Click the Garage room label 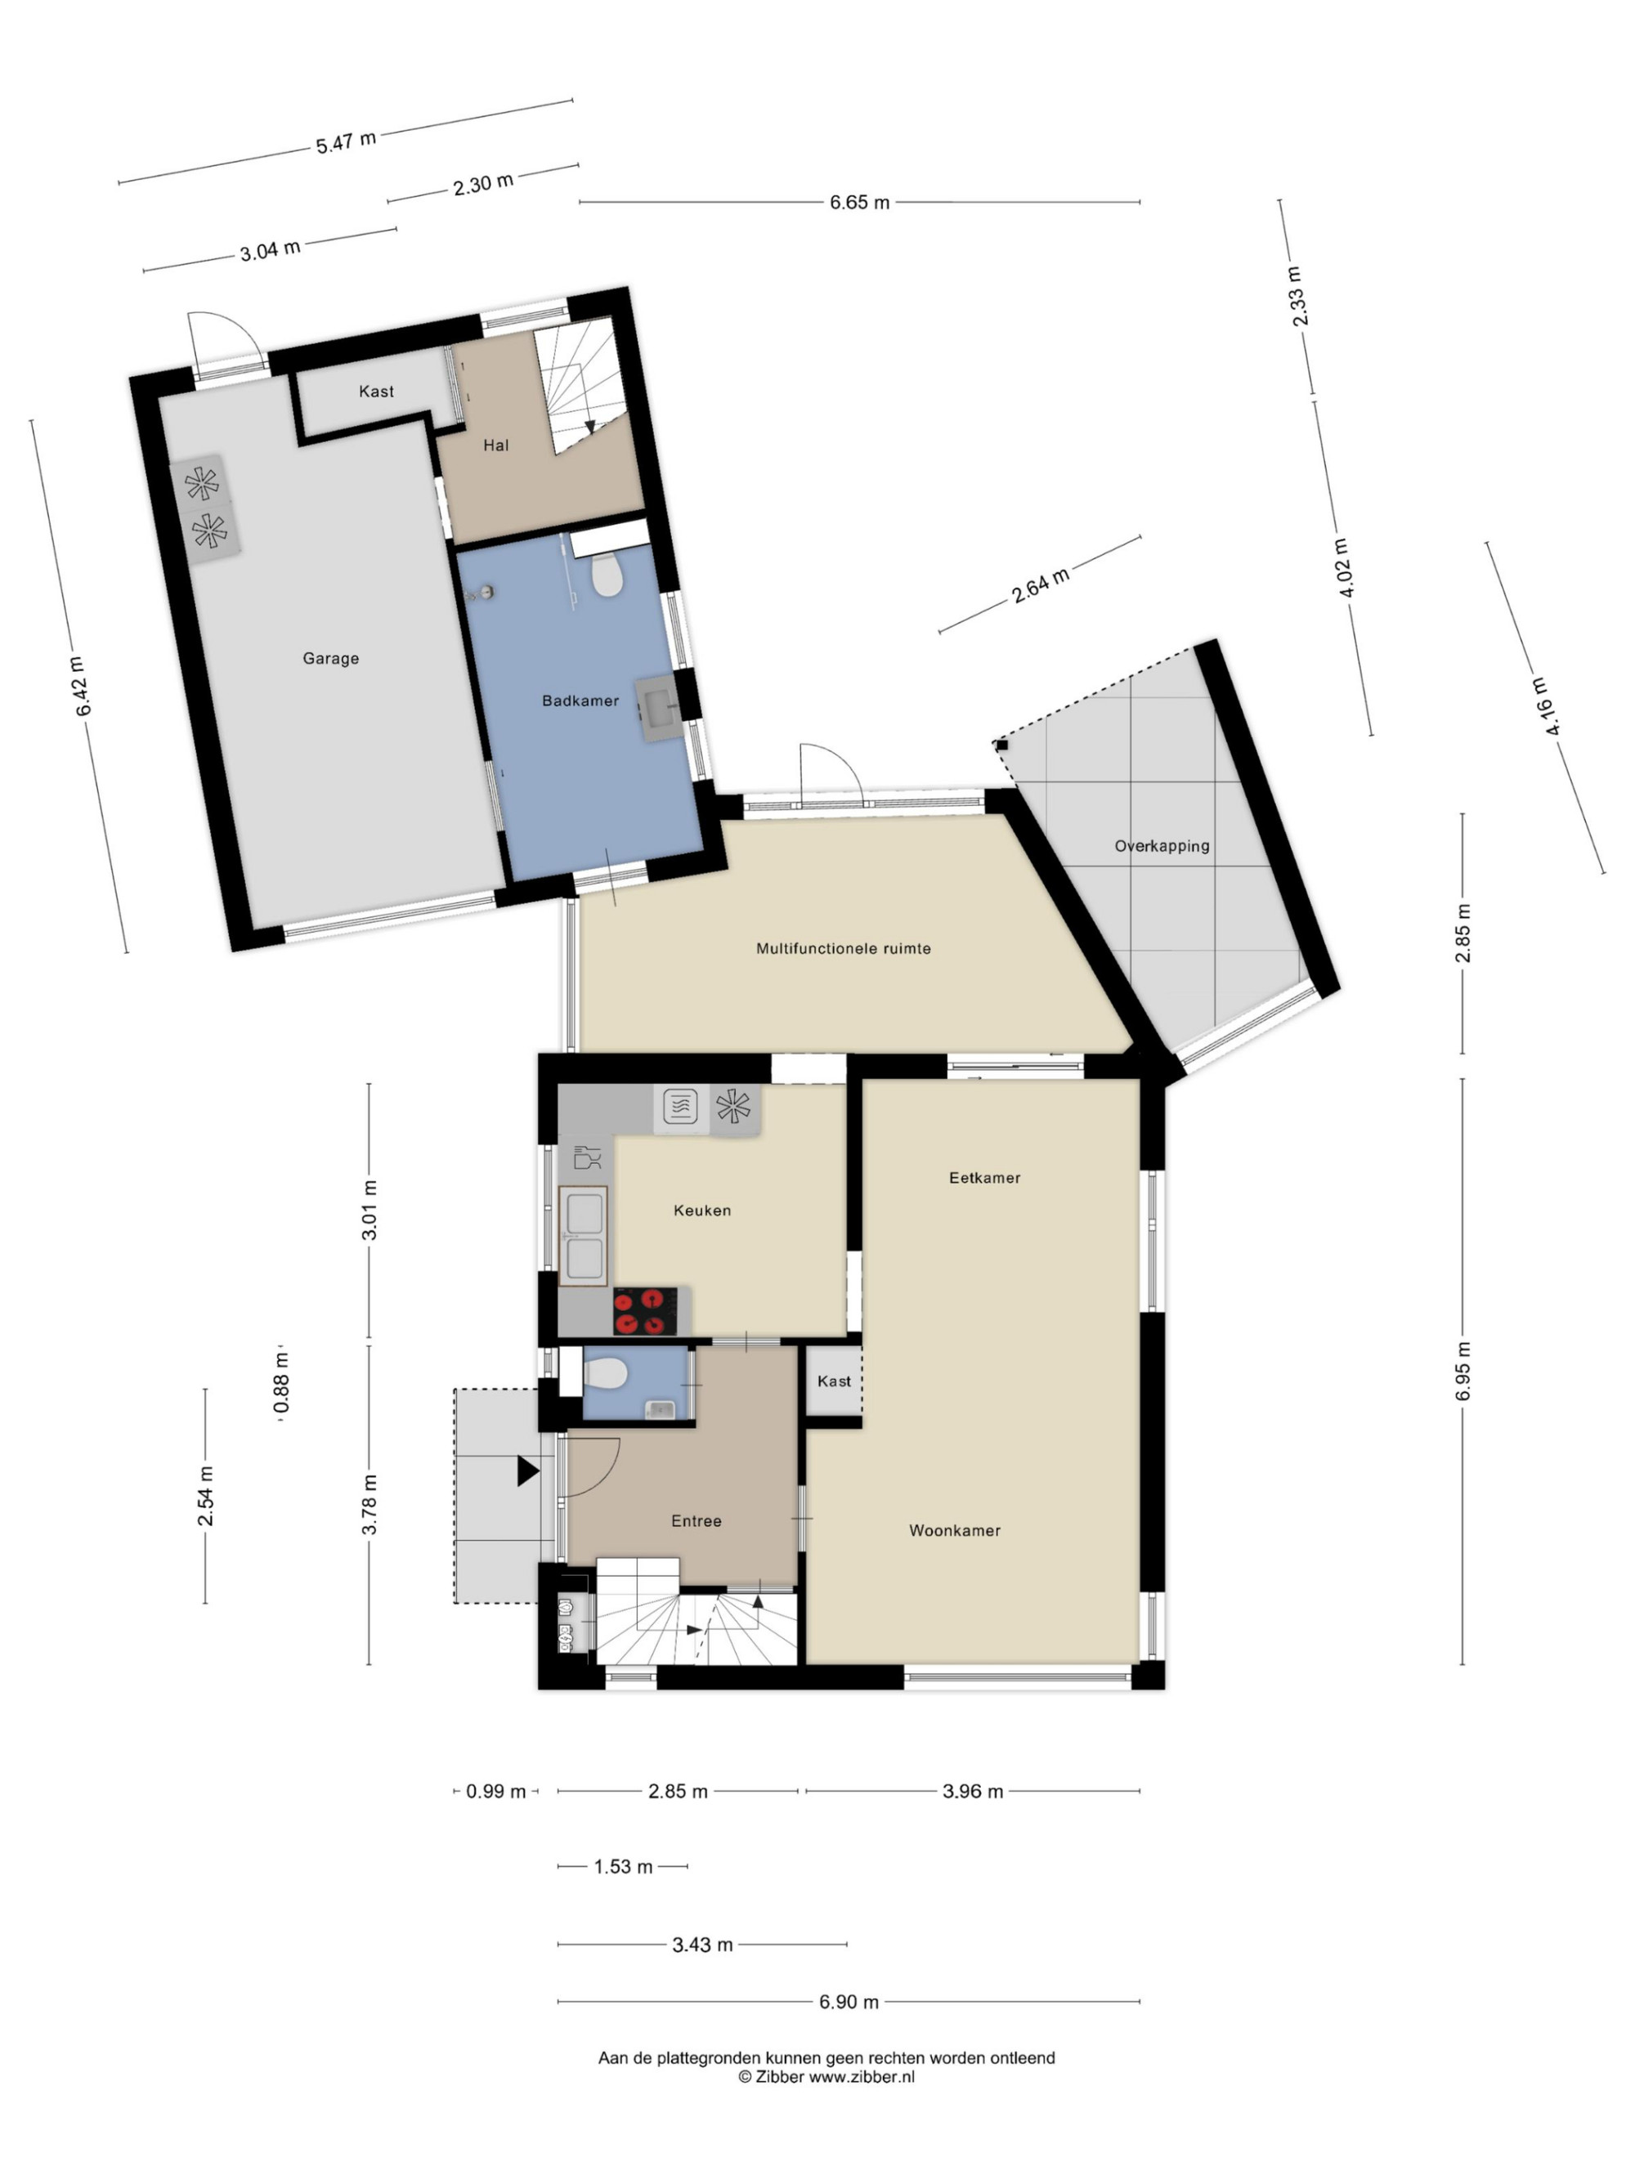coord(330,658)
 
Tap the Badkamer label coord(580,701)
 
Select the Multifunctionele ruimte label coord(844,948)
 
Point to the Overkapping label coord(1162,845)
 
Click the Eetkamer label coord(984,1178)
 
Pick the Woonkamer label coord(955,1530)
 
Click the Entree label coord(697,1520)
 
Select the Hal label coord(495,445)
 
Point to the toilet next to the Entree coord(605,1374)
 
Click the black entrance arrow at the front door coord(528,1471)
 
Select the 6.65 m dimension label coord(859,202)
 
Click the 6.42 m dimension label coord(83,686)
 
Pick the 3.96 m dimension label coord(973,1791)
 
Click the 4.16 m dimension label coord(1545,705)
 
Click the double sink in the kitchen coord(584,1236)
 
